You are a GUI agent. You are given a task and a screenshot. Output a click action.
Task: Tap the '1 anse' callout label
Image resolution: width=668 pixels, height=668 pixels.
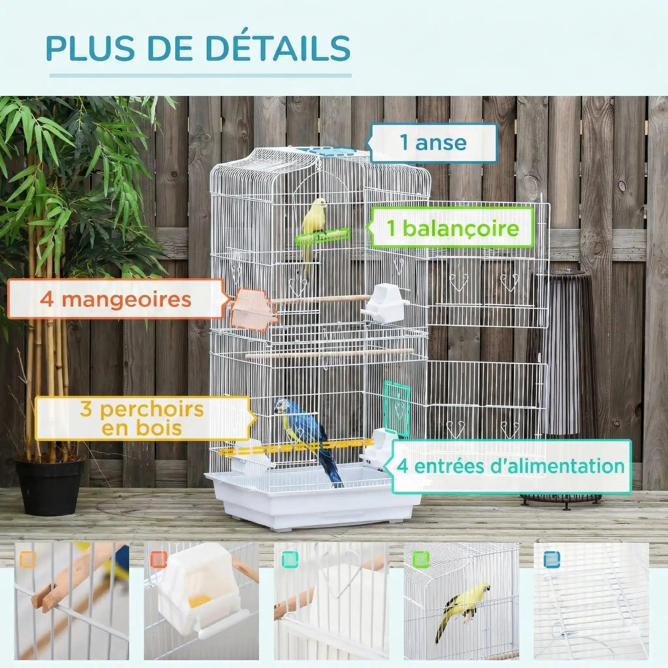[x=433, y=143]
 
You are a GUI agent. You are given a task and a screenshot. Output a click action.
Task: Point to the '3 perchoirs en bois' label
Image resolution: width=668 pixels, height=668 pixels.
[x=142, y=418]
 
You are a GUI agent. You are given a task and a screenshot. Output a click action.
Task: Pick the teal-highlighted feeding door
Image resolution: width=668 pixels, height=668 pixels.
[x=397, y=408]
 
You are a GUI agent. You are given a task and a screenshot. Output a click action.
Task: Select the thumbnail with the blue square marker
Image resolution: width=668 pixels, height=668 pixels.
[x=591, y=605]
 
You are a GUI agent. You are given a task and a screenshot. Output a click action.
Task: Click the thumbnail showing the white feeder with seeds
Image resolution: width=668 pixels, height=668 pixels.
[x=201, y=605]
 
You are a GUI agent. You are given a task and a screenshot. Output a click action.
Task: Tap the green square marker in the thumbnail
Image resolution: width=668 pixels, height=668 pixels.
[x=421, y=559]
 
